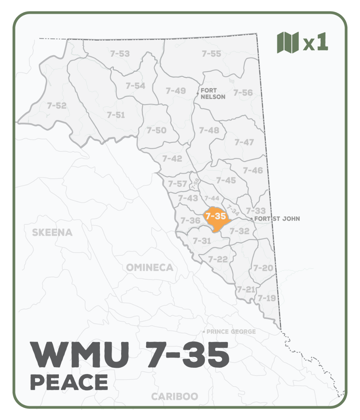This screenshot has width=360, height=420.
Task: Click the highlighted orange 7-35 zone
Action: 216,220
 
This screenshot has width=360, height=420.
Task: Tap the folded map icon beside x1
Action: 288,42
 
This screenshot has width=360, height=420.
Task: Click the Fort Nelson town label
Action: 213,93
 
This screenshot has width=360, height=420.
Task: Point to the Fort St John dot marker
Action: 252,219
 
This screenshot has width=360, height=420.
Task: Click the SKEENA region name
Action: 52,232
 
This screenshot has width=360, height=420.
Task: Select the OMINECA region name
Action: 150,268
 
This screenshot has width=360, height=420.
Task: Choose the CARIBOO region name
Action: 174,397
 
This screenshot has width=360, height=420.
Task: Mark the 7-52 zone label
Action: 56,105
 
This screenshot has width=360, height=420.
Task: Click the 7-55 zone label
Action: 212,54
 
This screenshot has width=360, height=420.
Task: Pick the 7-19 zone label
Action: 267,298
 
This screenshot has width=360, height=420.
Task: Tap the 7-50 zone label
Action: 157,130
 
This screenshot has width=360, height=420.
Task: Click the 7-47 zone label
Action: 244,142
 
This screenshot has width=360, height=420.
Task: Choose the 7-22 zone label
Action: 218,259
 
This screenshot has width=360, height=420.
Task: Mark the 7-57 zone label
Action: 177,183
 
